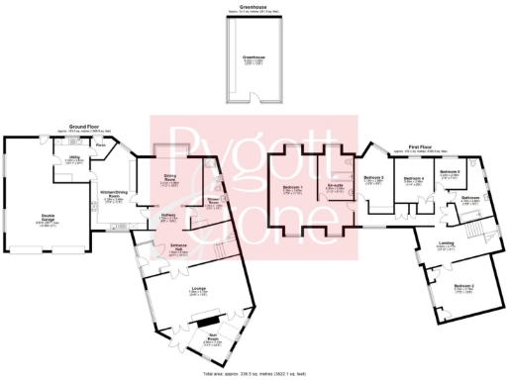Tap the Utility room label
[x=74, y=156]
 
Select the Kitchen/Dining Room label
[x=115, y=193]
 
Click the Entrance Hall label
[x=178, y=248]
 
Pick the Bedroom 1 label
[x=291, y=187]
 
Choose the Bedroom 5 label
[x=450, y=171]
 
